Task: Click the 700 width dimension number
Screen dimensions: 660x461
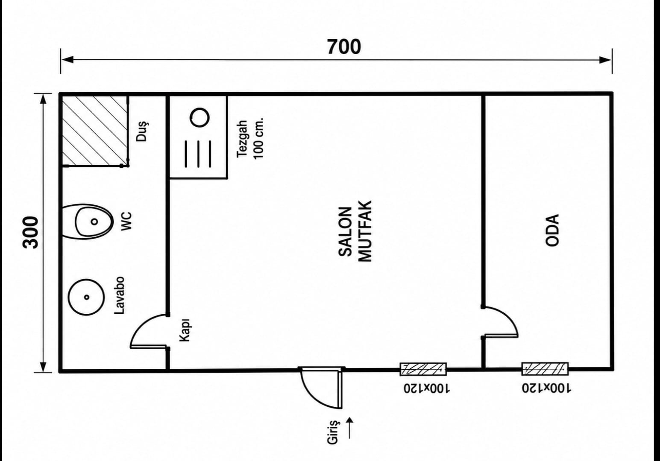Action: click(344, 47)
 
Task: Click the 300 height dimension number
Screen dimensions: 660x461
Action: click(31, 233)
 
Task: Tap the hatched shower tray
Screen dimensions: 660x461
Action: click(95, 131)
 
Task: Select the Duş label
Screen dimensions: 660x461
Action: click(142, 131)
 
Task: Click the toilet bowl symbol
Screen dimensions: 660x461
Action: click(88, 222)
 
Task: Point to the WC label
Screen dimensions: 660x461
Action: click(127, 221)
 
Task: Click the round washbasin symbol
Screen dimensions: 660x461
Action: click(86, 297)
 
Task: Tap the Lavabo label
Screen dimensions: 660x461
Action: click(120, 295)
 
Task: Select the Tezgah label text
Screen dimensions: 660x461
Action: click(243, 139)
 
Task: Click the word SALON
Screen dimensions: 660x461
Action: click(345, 232)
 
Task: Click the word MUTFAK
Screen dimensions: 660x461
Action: click(365, 231)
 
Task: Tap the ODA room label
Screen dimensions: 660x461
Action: click(552, 230)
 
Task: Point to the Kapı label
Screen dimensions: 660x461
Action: click(185, 330)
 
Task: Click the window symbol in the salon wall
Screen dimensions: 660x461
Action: click(423, 369)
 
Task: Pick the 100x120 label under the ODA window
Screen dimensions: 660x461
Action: click(546, 388)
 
